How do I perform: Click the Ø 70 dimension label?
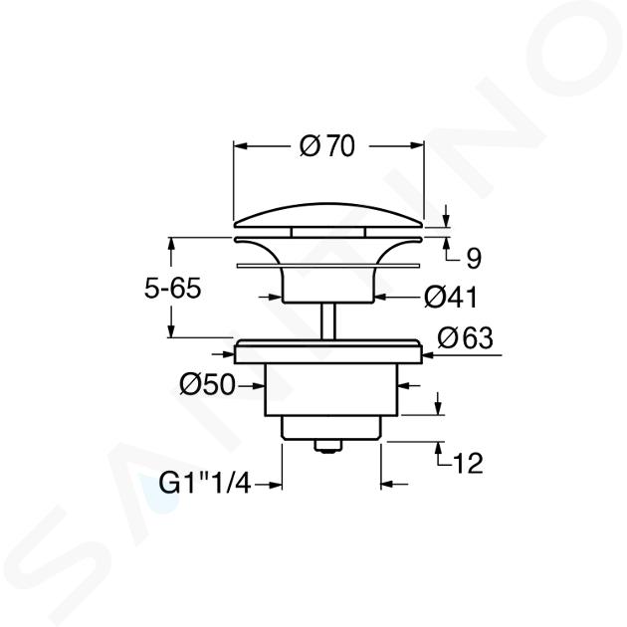(x=327, y=146)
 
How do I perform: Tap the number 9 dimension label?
(x=474, y=259)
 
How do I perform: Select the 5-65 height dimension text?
(x=172, y=288)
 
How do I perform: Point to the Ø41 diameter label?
(x=451, y=298)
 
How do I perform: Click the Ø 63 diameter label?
(x=465, y=338)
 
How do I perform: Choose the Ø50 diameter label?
(x=208, y=385)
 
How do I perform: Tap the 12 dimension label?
(x=467, y=464)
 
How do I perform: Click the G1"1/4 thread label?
(x=205, y=484)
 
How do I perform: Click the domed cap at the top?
(x=328, y=216)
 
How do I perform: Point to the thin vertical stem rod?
(x=328, y=321)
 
